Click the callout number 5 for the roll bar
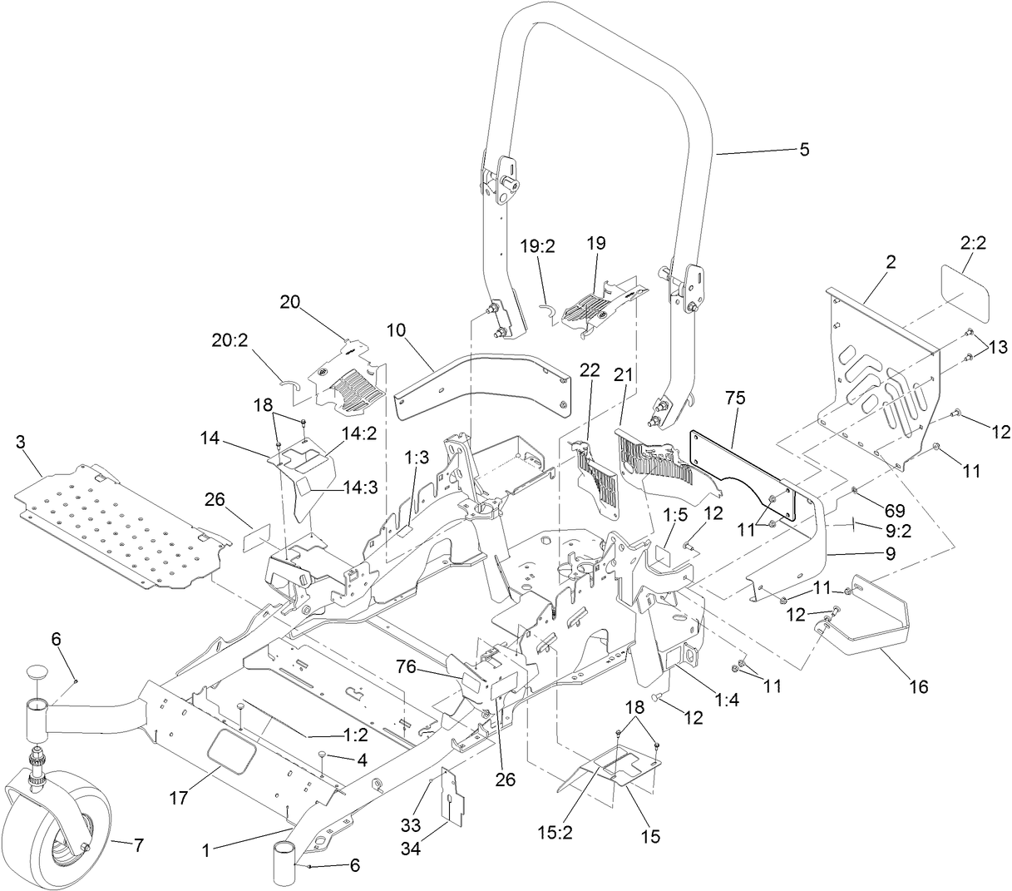click(x=804, y=150)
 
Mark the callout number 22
click(x=589, y=372)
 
